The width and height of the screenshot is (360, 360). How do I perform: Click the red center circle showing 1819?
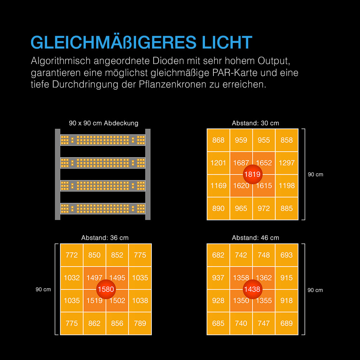pos(252,174)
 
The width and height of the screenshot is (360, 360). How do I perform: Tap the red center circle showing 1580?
pos(106,289)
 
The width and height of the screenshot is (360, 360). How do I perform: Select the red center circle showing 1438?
pos(252,289)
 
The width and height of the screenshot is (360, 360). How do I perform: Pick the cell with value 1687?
pos(241,163)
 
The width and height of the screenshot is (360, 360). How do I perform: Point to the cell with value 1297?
pos(287,163)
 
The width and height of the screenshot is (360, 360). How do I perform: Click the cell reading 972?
pos(264,208)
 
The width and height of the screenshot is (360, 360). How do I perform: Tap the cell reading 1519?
pos(94,301)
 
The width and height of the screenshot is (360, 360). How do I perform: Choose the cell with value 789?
pos(140,323)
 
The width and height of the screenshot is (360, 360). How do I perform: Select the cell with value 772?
pos(72,255)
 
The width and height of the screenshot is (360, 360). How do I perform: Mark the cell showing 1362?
pos(264,278)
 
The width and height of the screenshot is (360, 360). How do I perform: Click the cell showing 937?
pos(218,278)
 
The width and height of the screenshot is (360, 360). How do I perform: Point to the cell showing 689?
pos(287,323)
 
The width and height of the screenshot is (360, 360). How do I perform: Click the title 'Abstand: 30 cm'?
pos(255,123)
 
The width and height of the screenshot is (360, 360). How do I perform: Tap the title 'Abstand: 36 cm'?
pos(105,238)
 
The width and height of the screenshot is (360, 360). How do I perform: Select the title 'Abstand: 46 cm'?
pos(255,238)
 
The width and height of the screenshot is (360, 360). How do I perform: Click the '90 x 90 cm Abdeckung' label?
pos(104,123)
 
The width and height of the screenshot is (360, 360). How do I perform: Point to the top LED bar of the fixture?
pos(103,140)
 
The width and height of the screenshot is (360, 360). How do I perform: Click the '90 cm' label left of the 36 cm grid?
pos(43,289)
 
